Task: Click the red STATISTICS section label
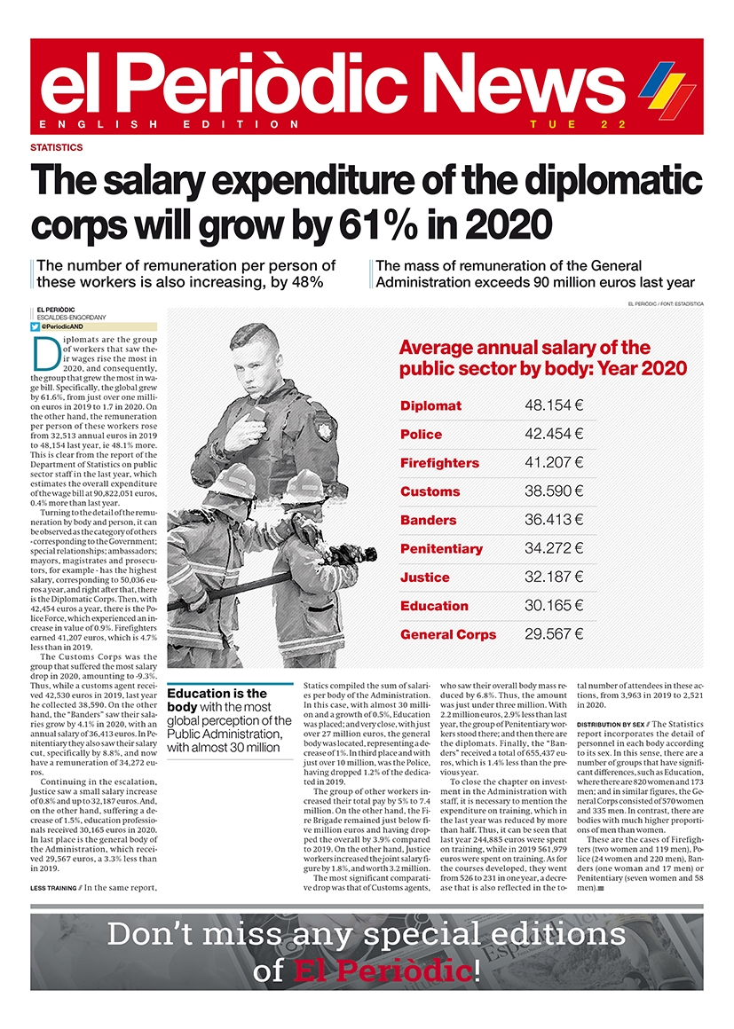point(57,148)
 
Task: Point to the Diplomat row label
point(430,405)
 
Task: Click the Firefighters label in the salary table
point(439,463)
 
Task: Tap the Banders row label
point(428,520)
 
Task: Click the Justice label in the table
point(424,577)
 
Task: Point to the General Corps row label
point(448,634)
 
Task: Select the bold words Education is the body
point(216,700)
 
